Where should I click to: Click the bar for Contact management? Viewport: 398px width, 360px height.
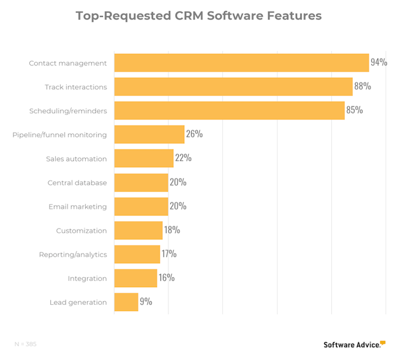(x=241, y=62)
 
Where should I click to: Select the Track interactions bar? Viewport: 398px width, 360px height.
(x=233, y=86)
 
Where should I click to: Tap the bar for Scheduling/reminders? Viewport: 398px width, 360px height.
(x=229, y=110)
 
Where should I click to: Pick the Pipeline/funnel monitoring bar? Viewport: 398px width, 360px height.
(x=149, y=134)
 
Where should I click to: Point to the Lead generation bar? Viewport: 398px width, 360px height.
(x=126, y=302)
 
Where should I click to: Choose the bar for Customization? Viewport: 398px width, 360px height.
(x=138, y=230)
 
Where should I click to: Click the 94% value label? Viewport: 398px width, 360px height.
(x=378, y=62)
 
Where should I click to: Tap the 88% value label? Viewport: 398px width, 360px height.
(x=362, y=86)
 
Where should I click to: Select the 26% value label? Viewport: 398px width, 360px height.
(x=194, y=134)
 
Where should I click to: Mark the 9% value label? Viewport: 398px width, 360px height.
(x=145, y=302)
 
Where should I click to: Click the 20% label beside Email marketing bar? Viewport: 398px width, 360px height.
(x=178, y=206)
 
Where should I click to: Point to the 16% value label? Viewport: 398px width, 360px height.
(x=166, y=278)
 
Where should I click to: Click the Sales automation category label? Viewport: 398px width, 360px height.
(x=76, y=159)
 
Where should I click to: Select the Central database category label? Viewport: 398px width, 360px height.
(x=77, y=182)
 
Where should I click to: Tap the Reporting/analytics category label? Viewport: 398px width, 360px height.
(x=73, y=255)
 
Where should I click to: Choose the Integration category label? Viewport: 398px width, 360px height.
(x=87, y=279)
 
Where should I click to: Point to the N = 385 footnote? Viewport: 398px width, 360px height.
(x=26, y=344)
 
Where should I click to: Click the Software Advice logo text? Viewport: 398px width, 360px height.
(x=351, y=345)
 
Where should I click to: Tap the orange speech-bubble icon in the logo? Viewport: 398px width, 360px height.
(x=383, y=342)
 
